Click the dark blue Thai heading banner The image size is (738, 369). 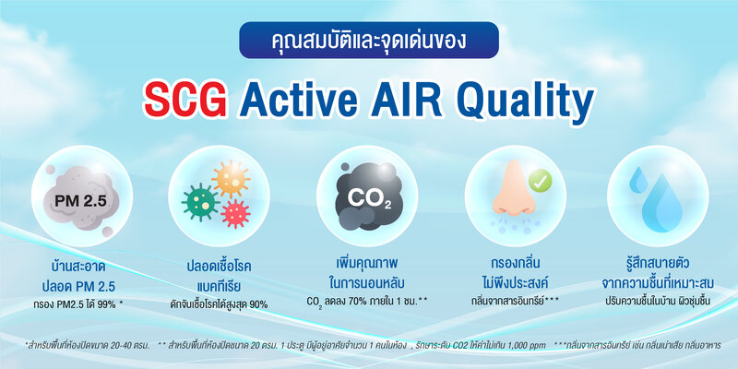368,42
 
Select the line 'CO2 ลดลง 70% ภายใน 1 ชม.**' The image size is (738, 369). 368,301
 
